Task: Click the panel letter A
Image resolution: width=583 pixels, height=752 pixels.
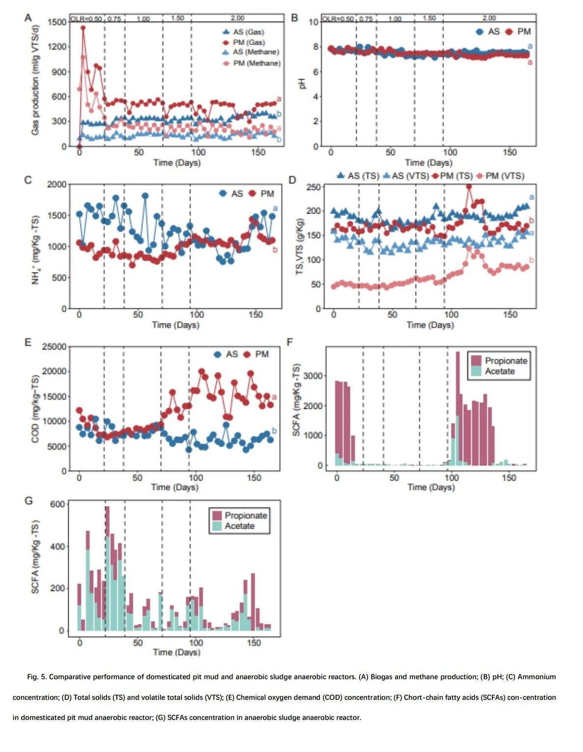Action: pyautogui.click(x=28, y=18)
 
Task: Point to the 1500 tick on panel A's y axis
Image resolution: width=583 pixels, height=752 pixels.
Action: pyautogui.click(x=57, y=22)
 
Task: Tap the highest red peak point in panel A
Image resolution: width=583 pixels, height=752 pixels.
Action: pyautogui.click(x=83, y=28)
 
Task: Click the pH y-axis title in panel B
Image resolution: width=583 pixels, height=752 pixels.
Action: pyautogui.click(x=302, y=84)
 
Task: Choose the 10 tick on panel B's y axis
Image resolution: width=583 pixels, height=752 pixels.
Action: pyautogui.click(x=313, y=22)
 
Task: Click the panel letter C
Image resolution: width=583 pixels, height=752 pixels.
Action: pyautogui.click(x=28, y=180)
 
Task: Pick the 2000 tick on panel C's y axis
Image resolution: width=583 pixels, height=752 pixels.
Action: pyautogui.click(x=56, y=185)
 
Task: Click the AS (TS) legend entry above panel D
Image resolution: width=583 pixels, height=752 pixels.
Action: pyautogui.click(x=358, y=176)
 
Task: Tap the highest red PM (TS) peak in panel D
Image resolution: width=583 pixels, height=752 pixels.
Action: pyautogui.click(x=469, y=187)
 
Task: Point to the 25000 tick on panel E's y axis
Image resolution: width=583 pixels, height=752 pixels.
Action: pyautogui.click(x=54, y=347)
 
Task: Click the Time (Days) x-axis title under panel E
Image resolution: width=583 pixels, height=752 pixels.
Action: pyautogui.click(x=175, y=487)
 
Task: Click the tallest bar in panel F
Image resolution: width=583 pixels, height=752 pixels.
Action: pyautogui.click(x=458, y=407)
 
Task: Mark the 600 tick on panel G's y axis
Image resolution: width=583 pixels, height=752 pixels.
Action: pyautogui.click(x=57, y=504)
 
